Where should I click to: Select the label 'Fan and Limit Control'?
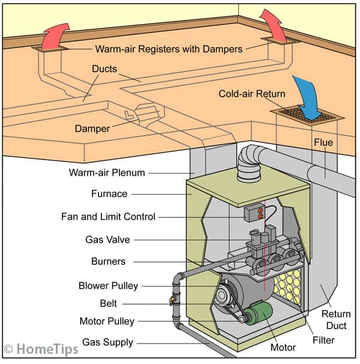pyautogui.click(x=108, y=216)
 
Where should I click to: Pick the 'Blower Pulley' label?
pyautogui.click(x=108, y=285)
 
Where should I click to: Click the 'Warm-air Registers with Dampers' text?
pyautogui.click(x=167, y=48)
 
